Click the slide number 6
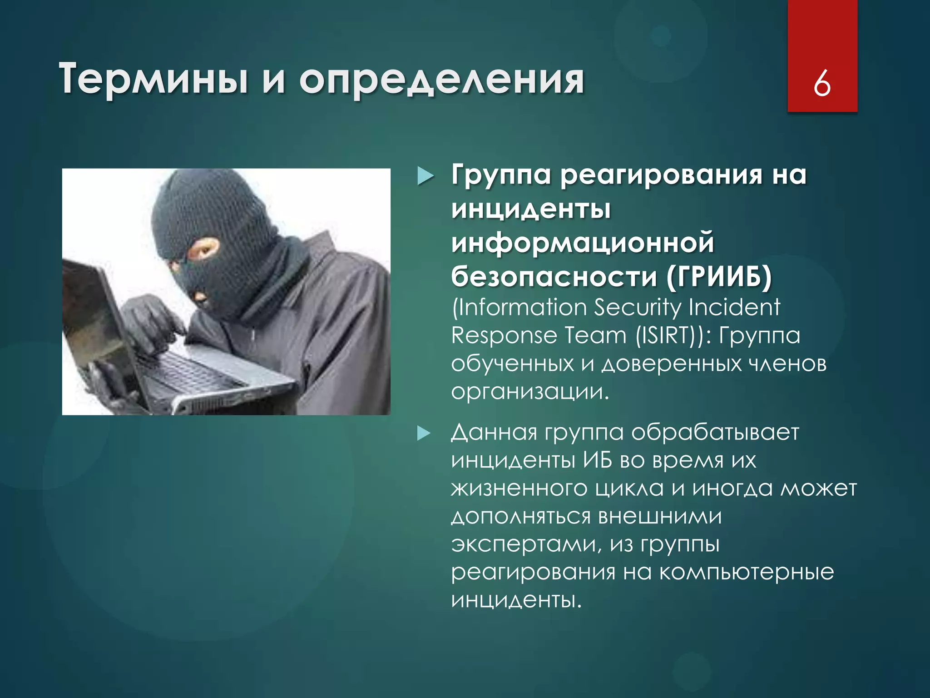click(x=822, y=84)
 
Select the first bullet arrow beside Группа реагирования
click(x=425, y=176)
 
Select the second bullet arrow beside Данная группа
click(x=424, y=433)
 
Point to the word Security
click(x=638, y=307)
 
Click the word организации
click(x=529, y=392)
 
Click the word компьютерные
click(x=747, y=572)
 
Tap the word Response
click(x=504, y=336)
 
